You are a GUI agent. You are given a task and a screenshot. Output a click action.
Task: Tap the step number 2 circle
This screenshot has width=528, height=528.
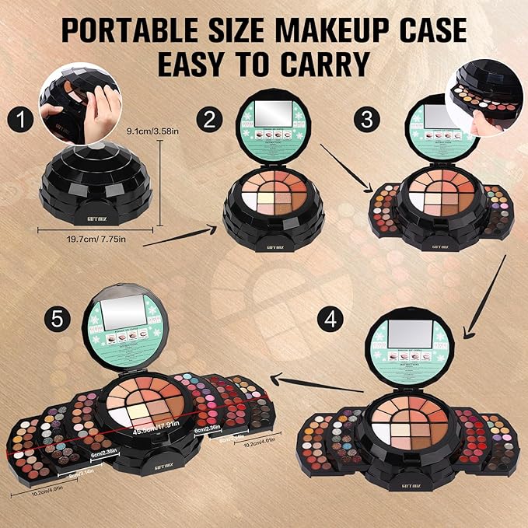pos(208,120)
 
